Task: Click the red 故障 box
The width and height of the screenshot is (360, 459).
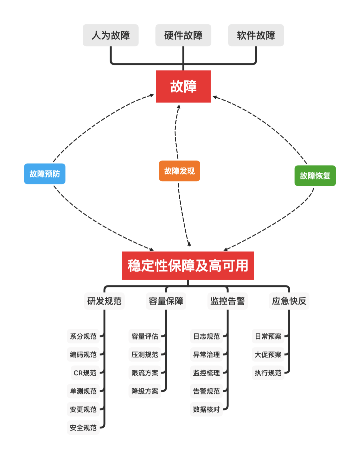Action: pos(183,86)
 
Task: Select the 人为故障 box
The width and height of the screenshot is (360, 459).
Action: pos(111,35)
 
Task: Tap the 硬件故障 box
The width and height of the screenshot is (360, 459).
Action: pos(183,35)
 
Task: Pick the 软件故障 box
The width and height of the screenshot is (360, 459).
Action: pos(256,35)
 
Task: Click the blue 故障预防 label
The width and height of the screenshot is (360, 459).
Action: pos(45,174)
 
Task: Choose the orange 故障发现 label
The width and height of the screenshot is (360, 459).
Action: pos(179,171)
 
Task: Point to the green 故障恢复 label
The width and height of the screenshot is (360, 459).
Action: pos(315,176)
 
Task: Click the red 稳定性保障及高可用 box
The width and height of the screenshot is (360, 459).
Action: pos(188,266)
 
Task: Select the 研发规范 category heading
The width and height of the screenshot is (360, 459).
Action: pos(104,301)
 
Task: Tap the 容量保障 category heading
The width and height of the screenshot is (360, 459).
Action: pos(166,301)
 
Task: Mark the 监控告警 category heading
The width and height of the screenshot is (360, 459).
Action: pos(228,301)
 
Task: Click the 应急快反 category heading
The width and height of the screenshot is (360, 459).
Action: pos(289,301)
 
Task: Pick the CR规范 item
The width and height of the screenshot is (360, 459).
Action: pos(85,373)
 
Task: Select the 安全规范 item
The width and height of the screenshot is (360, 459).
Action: pos(83,428)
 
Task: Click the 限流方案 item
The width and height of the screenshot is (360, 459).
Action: pos(145,373)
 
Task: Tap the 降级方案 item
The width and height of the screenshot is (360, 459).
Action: pos(145,391)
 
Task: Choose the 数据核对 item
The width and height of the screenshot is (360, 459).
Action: pos(206,409)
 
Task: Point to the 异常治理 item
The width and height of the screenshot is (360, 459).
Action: pos(206,355)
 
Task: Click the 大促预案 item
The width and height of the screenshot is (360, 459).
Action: pos(268,355)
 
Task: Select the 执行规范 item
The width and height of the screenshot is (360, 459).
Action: pos(268,373)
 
